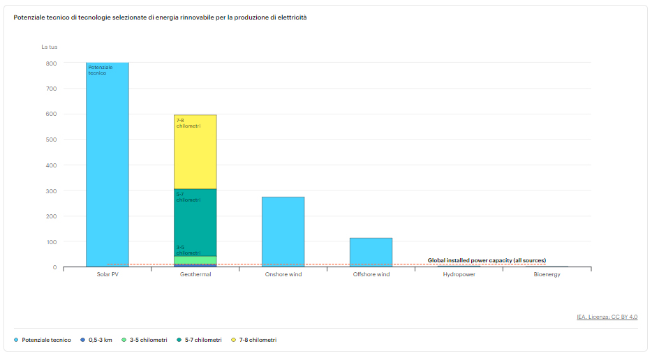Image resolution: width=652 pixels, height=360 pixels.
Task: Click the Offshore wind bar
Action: tap(371, 252)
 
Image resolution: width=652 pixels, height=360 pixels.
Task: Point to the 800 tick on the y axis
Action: tap(52, 63)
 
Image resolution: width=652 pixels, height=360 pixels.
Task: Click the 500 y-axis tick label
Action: tap(52, 140)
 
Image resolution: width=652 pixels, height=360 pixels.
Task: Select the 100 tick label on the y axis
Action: tap(52, 242)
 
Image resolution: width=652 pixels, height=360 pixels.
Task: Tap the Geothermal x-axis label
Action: tap(195, 274)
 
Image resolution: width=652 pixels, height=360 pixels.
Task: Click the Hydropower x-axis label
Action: tap(459, 274)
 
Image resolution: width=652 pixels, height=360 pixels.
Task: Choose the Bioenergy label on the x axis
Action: tap(547, 274)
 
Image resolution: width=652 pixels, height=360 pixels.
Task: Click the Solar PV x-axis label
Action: tap(107, 274)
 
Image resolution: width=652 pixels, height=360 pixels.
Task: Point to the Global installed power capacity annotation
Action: tap(487, 260)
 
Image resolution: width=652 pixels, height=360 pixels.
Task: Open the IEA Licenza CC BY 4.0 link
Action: tap(607, 317)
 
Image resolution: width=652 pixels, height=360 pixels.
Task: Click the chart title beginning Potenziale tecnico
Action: tap(160, 17)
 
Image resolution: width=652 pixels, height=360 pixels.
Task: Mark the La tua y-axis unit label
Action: tap(49, 47)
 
